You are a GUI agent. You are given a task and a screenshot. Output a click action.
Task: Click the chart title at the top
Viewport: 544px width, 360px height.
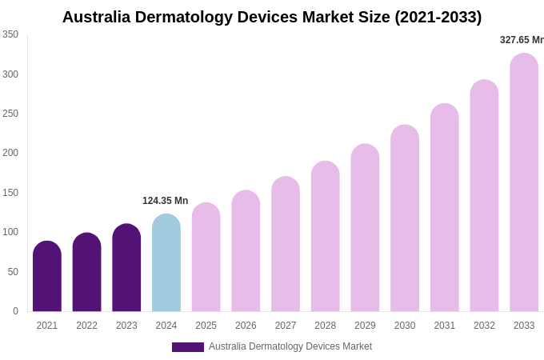(272, 17)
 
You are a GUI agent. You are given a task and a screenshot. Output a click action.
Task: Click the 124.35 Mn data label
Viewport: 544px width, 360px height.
(165, 201)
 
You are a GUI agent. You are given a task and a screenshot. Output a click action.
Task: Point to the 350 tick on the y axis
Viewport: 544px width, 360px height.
(10, 34)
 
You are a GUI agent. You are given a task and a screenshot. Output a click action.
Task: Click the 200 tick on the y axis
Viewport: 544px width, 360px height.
(10, 153)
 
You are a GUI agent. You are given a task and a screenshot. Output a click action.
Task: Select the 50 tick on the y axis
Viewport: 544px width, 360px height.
(13, 272)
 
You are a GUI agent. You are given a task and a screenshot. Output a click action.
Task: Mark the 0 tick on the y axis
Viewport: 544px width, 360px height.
(15, 311)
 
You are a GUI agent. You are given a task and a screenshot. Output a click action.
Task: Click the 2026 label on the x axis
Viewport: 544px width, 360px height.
(246, 326)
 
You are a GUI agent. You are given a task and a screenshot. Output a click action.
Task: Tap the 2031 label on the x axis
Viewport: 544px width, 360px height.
(445, 326)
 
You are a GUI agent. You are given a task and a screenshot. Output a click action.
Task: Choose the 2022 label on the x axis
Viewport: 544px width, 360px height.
(86, 326)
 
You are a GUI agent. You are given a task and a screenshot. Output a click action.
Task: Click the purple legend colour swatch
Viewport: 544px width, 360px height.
(187, 347)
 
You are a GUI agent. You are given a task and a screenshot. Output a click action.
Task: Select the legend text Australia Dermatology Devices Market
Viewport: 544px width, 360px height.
(290, 346)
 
